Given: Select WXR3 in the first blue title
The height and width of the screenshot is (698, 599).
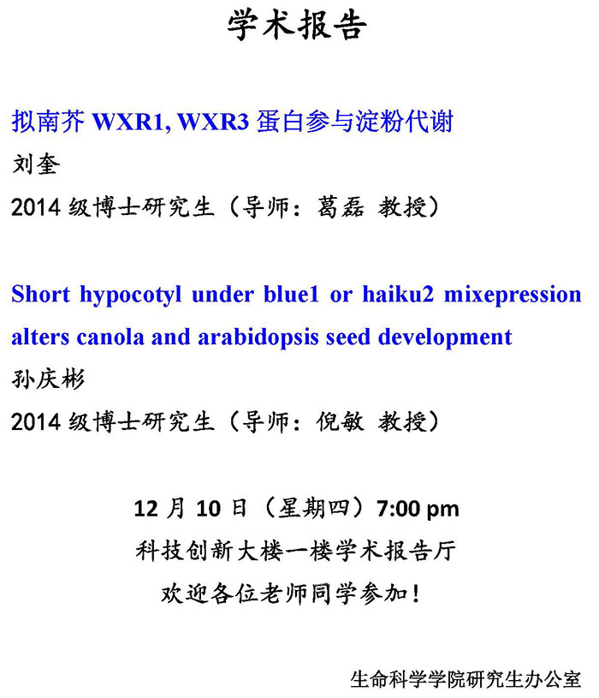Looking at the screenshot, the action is point(213,121).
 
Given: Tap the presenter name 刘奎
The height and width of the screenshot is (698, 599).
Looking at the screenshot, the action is point(36,164).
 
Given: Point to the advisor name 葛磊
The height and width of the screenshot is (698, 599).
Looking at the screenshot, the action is point(341,207).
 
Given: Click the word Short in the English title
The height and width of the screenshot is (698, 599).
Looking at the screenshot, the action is point(40,295).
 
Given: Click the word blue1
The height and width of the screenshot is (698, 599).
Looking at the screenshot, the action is point(291,295).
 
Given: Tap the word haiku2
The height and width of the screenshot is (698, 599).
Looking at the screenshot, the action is point(398,295).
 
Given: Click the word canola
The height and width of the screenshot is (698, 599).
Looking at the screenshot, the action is point(110,337).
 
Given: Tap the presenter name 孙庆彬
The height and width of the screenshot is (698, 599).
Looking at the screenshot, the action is point(48,379).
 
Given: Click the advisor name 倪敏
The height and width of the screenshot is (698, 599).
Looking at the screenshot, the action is point(341,421).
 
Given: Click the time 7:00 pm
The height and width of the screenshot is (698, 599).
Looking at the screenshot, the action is point(418,509).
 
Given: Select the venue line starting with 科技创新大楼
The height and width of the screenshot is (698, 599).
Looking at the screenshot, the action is point(296,551).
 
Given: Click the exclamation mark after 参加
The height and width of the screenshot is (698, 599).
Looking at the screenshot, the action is point(416,593).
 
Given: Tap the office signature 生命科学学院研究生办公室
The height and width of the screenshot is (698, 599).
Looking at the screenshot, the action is point(466,679).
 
